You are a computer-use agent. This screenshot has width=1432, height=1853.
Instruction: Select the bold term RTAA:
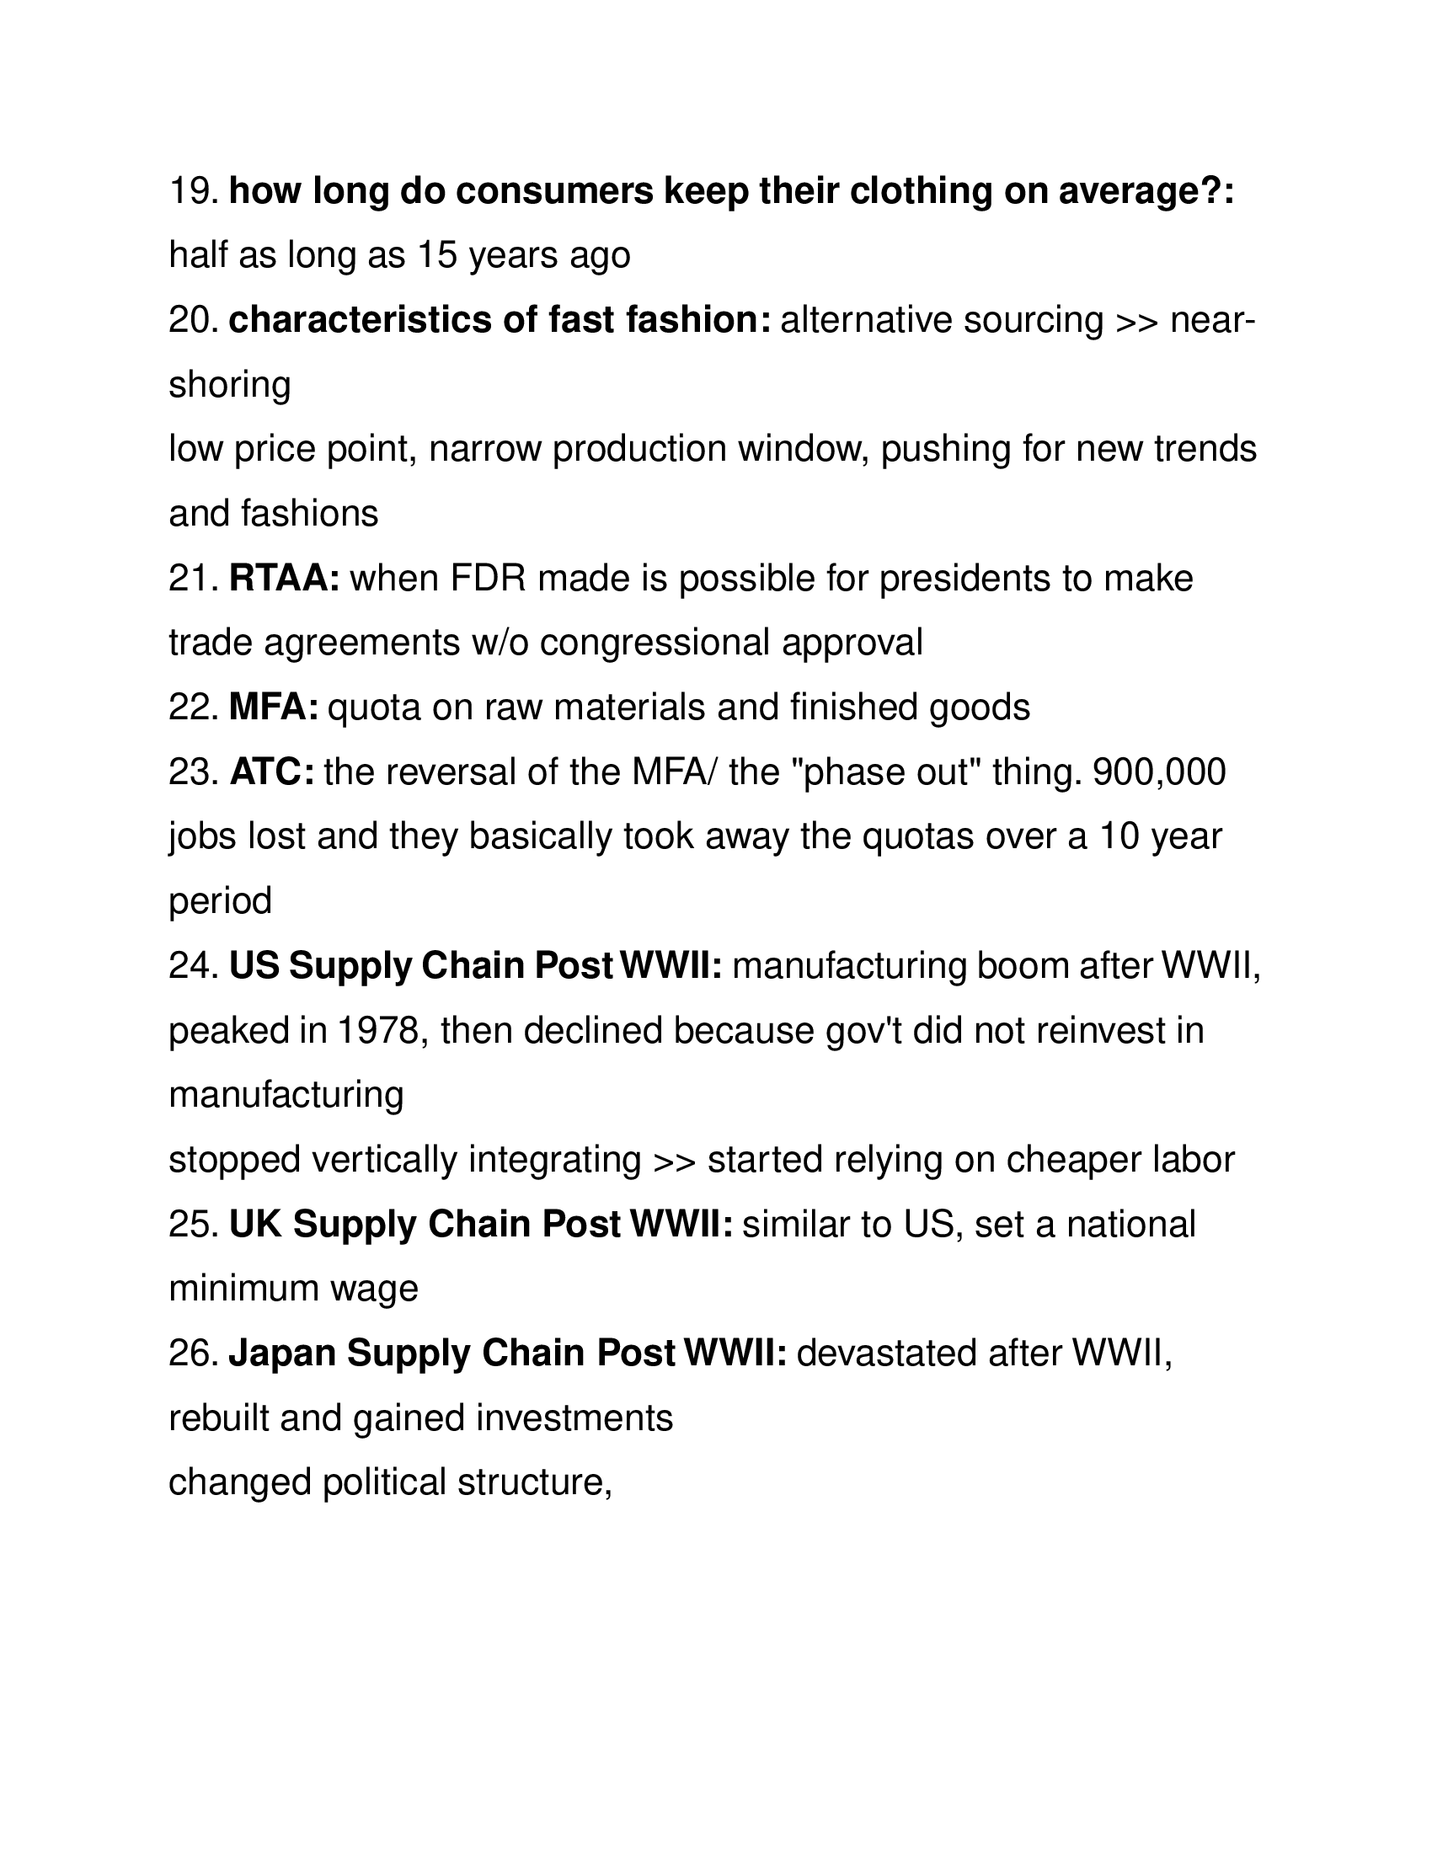coord(285,579)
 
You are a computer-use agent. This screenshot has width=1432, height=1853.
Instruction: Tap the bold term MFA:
coord(274,708)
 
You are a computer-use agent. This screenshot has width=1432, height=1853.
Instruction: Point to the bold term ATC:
coord(272,772)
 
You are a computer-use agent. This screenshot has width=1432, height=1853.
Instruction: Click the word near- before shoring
coord(1213,321)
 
